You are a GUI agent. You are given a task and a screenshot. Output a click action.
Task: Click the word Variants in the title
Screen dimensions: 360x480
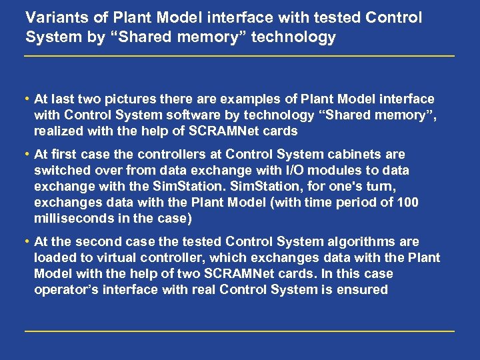point(52,17)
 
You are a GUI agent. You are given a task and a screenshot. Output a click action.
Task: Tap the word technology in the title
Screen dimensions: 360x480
point(298,37)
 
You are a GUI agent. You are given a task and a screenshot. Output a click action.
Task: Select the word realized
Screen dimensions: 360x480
point(59,131)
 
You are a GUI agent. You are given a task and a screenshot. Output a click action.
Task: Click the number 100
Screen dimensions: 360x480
point(407,203)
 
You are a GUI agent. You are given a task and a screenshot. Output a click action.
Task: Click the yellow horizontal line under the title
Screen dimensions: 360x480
point(239,56)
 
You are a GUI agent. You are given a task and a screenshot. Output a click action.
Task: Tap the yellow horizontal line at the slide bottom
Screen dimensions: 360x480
point(239,331)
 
